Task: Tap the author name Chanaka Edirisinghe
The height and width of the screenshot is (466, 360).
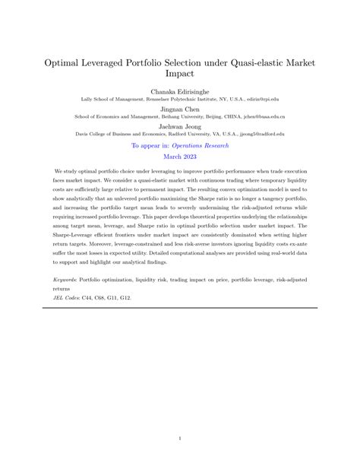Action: click(179, 90)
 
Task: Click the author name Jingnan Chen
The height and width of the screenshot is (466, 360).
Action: click(179, 108)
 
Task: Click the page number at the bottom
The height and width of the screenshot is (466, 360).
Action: click(180, 438)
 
